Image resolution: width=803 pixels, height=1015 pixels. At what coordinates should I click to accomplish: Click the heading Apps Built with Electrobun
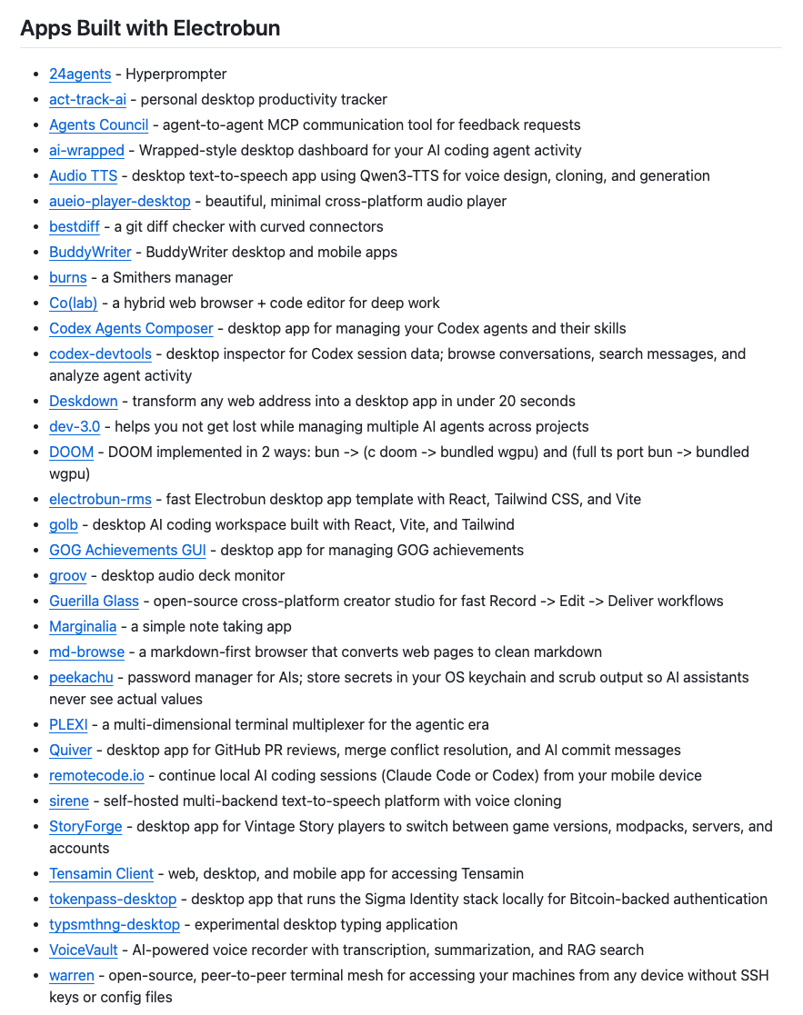[150, 28]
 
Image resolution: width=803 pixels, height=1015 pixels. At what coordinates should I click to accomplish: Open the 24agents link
[80, 75]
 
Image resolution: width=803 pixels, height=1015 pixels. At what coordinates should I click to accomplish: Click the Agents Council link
[98, 125]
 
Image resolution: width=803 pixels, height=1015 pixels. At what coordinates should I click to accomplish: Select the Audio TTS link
[83, 176]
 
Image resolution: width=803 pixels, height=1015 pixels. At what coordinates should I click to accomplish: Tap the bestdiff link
[75, 227]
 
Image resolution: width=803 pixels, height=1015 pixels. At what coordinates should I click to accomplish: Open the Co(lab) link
[74, 304]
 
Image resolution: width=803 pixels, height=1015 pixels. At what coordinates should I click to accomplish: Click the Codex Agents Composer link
[131, 329]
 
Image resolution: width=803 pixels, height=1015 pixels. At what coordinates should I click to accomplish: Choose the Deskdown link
[84, 402]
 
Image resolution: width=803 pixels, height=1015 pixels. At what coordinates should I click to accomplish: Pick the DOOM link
[71, 453]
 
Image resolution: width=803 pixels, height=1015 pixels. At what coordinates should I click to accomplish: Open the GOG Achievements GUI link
[127, 551]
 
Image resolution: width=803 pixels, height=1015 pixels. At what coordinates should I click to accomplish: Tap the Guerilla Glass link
[94, 602]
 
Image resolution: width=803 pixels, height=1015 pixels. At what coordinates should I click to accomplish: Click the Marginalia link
[83, 627]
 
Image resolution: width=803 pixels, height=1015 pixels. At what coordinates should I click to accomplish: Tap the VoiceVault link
[84, 950]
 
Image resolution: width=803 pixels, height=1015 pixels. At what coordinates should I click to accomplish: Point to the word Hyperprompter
[176, 75]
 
